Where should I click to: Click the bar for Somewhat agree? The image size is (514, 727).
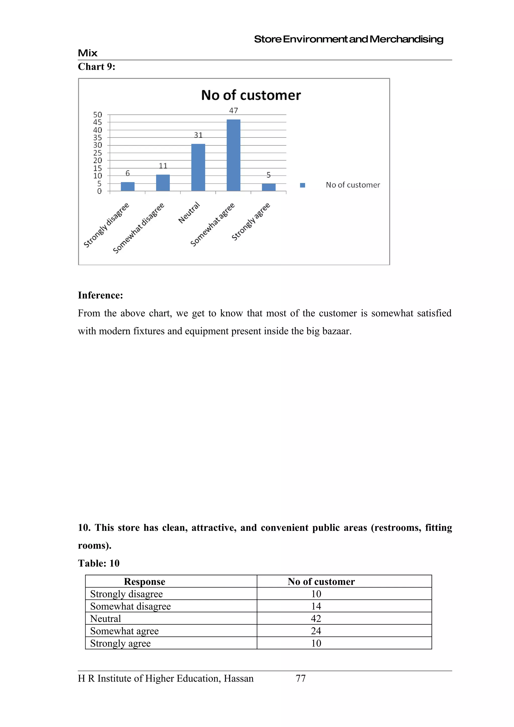click(233, 155)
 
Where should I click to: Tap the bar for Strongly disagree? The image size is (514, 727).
click(128, 186)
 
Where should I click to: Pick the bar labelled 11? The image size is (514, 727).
click(163, 183)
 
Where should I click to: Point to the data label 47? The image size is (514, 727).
click(233, 111)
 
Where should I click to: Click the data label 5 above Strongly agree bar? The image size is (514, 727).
click(269, 175)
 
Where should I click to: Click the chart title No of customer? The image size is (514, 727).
click(251, 95)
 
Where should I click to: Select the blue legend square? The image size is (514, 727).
click(302, 185)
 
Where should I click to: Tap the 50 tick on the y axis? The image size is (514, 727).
click(98, 115)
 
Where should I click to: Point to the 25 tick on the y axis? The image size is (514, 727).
click(98, 153)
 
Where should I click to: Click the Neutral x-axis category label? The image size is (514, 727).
click(189, 212)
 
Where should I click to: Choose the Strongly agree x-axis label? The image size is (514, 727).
click(250, 222)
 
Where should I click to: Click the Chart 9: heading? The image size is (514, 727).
click(97, 66)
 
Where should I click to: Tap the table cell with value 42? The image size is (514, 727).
click(316, 618)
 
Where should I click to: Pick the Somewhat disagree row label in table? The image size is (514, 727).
click(131, 606)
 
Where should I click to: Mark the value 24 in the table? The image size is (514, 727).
click(316, 631)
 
